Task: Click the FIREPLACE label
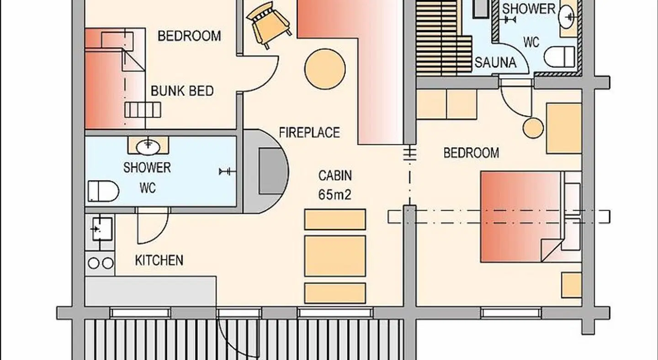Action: click(x=309, y=133)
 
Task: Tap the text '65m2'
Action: click(x=335, y=195)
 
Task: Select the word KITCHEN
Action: click(x=159, y=260)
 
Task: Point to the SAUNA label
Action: click(x=495, y=63)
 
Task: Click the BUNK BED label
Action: click(x=182, y=91)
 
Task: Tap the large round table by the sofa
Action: click(x=325, y=69)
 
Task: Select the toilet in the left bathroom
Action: click(x=103, y=191)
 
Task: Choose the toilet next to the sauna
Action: click(x=559, y=57)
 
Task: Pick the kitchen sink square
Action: click(x=102, y=229)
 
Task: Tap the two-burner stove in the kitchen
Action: click(x=100, y=264)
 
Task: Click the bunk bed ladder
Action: click(x=143, y=110)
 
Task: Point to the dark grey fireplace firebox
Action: click(x=271, y=171)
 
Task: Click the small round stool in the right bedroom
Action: click(x=533, y=128)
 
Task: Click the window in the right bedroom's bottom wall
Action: click(x=511, y=313)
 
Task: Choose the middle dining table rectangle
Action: click(x=335, y=256)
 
